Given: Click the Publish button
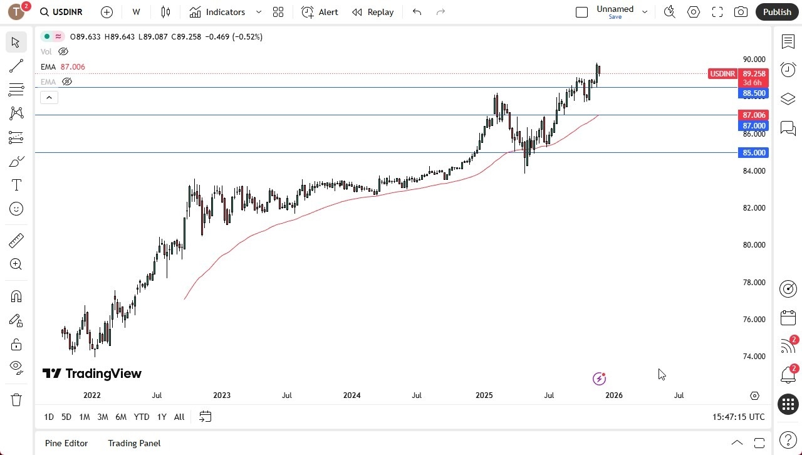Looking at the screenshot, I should tap(777, 12).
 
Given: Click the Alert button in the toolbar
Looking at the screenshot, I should tap(320, 12).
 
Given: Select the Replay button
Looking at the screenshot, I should tap(373, 12).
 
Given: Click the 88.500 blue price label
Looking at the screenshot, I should tap(754, 93).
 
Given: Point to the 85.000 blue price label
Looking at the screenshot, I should tap(754, 153).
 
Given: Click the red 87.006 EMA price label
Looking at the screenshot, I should tap(754, 115).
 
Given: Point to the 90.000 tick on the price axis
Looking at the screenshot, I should tap(754, 60).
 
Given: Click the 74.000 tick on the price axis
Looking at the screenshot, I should tap(754, 357).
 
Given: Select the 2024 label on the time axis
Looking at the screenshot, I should tap(352, 395).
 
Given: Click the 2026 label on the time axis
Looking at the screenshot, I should tap(613, 395).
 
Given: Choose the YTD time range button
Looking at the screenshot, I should tap(142, 417).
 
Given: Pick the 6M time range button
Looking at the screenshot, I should tap(121, 417).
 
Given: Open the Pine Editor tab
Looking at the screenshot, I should tap(66, 443).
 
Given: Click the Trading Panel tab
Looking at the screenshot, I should tap(134, 443).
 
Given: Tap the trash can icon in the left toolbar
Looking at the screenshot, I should tap(16, 400).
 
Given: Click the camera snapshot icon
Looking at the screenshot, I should tap(741, 12).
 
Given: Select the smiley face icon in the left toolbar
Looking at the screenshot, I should tap(16, 209).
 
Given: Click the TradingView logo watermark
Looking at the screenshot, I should tap(92, 374).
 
